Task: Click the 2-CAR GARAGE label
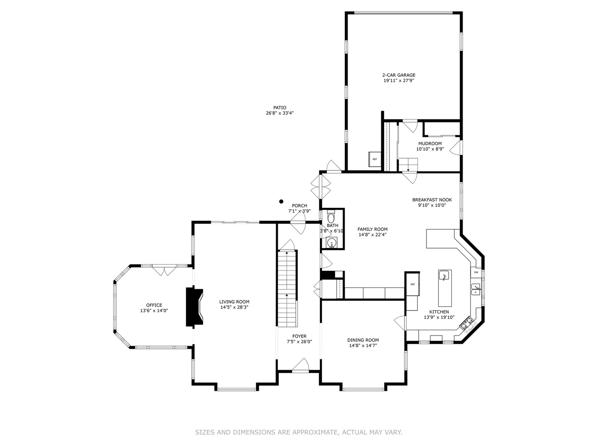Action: (399, 75)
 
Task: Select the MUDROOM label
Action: (430, 144)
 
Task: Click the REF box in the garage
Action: (375, 159)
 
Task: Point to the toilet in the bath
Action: (331, 217)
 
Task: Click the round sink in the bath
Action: (331, 243)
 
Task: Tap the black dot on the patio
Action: (281, 202)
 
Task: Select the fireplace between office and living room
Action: (194, 307)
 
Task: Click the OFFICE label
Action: (154, 305)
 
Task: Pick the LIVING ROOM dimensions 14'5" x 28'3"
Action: (234, 307)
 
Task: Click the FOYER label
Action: (299, 336)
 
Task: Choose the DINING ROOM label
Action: (363, 340)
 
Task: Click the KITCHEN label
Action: (439, 312)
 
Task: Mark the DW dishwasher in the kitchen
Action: (476, 273)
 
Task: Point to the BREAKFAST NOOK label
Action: (432, 200)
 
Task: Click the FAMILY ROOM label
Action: (373, 229)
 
